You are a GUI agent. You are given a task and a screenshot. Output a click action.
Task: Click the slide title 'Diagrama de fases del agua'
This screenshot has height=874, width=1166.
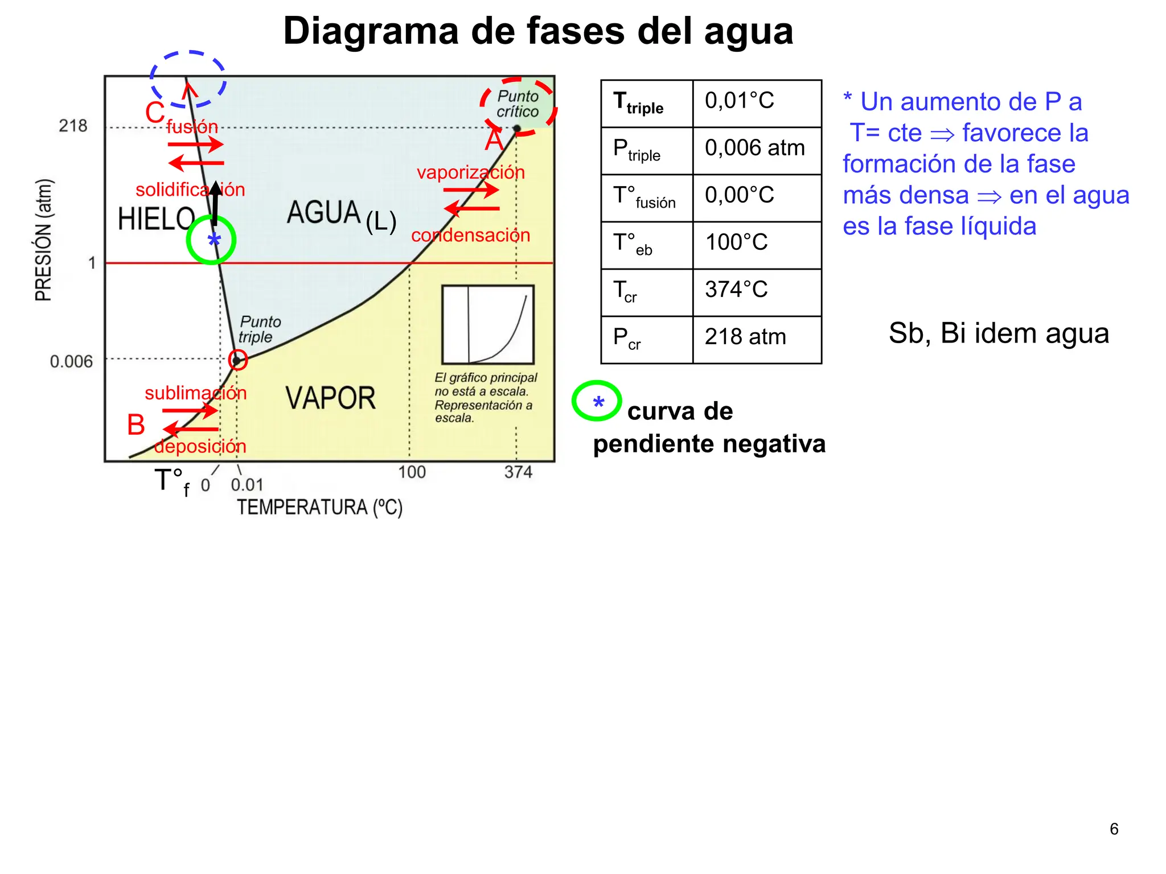[x=538, y=31]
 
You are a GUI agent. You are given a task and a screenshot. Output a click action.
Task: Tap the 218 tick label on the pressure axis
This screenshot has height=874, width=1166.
[x=73, y=126]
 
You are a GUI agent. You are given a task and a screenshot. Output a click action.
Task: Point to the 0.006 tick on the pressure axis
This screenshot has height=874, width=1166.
[x=71, y=361]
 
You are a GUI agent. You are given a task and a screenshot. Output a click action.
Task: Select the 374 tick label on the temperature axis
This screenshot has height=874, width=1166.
[x=518, y=472]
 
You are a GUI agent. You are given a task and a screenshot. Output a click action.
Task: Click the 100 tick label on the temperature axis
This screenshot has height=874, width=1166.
[x=412, y=472]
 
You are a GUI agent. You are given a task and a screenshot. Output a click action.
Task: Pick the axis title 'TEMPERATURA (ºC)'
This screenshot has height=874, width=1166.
[x=319, y=507]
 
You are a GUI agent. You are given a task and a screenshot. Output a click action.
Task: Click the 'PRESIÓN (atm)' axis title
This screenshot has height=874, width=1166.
[x=44, y=240]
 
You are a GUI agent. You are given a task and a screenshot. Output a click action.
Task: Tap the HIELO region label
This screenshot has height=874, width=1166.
[x=156, y=219]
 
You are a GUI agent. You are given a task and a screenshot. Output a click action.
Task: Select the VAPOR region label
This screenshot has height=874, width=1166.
[x=330, y=398]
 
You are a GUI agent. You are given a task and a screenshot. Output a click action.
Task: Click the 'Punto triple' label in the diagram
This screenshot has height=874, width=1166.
[x=259, y=329]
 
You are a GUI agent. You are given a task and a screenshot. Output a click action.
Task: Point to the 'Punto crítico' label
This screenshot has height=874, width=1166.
[x=518, y=104]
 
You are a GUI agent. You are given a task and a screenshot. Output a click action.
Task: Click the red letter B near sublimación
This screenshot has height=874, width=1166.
[x=136, y=425]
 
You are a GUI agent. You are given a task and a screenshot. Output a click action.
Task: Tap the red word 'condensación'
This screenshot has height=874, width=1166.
[x=470, y=235]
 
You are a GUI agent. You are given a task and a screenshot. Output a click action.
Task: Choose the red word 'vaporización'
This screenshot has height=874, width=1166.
[x=470, y=172]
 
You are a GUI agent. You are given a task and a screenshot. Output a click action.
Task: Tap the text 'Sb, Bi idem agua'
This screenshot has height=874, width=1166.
[x=999, y=333]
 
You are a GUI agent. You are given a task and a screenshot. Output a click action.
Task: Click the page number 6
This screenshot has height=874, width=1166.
[x=1114, y=829]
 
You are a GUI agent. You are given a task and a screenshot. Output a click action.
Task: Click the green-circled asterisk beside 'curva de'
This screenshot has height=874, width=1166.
[x=597, y=401]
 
